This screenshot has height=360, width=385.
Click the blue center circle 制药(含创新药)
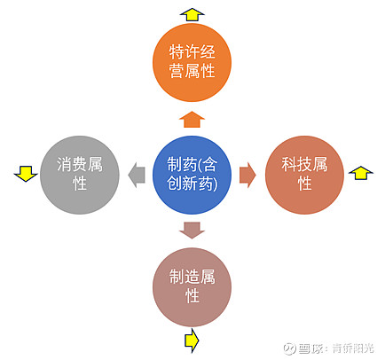(x=192, y=175)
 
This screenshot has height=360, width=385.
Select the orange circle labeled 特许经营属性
(x=192, y=62)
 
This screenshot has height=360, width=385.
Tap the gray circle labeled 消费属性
(x=80, y=175)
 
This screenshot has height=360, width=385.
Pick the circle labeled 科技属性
(x=304, y=175)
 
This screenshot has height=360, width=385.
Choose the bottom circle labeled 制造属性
(x=192, y=287)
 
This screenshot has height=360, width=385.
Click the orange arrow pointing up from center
(x=192, y=120)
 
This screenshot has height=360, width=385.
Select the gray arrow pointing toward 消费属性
(x=137, y=175)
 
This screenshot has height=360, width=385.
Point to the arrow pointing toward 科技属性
(x=247, y=175)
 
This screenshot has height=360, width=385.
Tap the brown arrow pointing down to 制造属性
(x=192, y=231)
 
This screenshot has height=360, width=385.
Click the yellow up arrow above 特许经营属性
(x=192, y=14)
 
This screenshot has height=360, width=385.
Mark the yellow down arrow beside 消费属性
(x=26, y=174)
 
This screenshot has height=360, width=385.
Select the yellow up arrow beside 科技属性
(x=361, y=173)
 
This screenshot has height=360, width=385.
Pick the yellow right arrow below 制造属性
(x=192, y=340)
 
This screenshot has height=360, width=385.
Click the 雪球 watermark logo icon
(x=289, y=348)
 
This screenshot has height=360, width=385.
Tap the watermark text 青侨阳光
(x=353, y=348)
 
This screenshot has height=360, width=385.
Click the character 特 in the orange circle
(x=177, y=52)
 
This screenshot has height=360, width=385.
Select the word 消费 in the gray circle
(x=72, y=164)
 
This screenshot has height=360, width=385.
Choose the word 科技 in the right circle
(x=296, y=164)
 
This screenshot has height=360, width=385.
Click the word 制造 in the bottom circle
(x=185, y=277)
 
